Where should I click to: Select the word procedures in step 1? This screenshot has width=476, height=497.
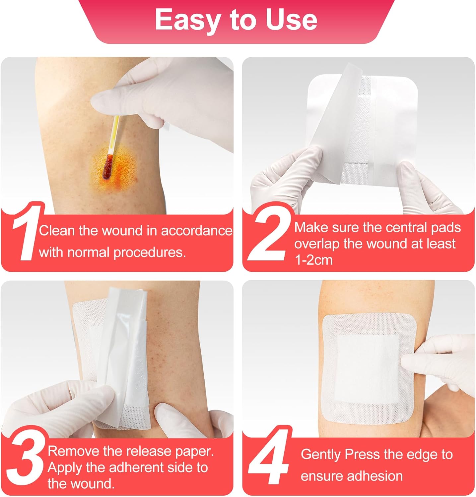[x=149, y=253]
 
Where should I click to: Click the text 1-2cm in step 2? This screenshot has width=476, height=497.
[x=313, y=260]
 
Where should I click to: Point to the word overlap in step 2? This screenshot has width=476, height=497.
[x=317, y=244]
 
